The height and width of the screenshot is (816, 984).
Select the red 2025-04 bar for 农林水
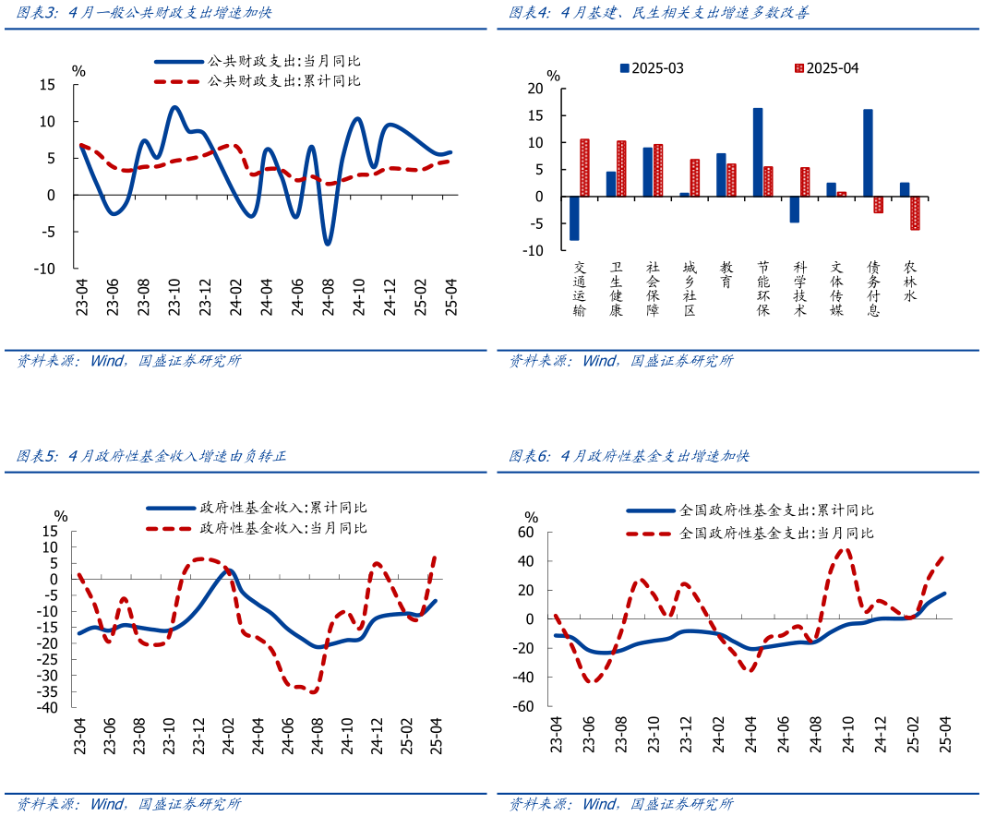tap(915, 213)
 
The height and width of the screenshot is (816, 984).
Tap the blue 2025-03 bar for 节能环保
tap(758, 152)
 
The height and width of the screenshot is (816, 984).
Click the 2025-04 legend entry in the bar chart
tap(826, 68)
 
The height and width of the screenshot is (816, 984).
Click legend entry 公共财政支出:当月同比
tap(258, 61)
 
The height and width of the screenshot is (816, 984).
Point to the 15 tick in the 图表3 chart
tap(47, 85)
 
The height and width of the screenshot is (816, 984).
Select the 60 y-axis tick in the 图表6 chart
tap(526, 533)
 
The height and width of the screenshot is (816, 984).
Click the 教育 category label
tap(726, 274)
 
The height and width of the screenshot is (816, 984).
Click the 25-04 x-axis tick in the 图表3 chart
tap(450, 297)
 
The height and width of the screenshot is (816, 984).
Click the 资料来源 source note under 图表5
tap(128, 804)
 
